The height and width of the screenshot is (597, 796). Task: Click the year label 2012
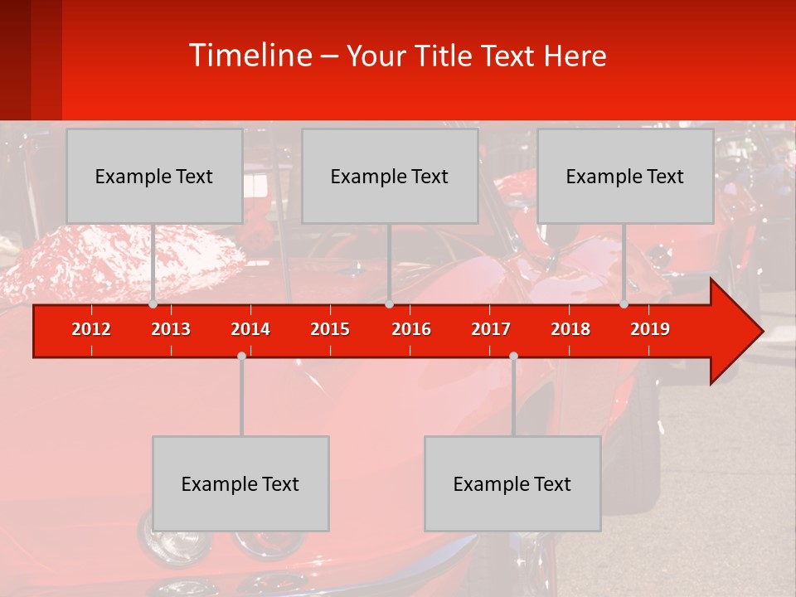[91, 329]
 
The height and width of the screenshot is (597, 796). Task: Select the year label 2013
[171, 329]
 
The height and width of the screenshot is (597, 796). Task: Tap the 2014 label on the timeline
[250, 329]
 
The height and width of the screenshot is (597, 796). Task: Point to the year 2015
[330, 329]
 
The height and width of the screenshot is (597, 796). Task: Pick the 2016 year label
[411, 329]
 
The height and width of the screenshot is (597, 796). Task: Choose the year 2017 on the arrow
[491, 329]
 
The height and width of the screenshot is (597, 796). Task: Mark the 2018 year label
[570, 329]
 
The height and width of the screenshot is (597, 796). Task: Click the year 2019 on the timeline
[650, 329]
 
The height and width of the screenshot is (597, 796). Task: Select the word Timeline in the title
[250, 56]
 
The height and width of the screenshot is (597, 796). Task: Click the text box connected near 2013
[154, 176]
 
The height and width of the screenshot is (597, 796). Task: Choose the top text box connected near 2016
[390, 176]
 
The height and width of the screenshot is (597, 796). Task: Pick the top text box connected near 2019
[625, 176]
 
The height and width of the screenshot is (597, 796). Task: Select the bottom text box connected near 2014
[240, 483]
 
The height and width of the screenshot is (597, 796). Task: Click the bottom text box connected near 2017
[512, 483]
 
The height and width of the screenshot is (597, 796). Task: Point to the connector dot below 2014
[241, 356]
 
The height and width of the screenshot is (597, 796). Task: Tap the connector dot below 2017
[513, 356]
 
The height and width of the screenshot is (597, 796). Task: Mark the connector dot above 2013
[153, 304]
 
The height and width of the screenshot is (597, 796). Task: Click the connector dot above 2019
[624, 304]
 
